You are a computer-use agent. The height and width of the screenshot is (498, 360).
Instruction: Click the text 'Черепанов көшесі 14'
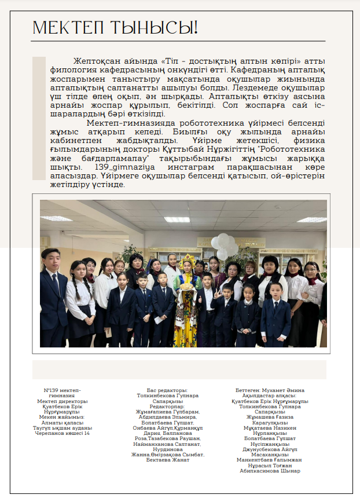(x=62, y=433)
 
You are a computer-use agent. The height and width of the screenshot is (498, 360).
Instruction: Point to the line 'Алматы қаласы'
(x=62, y=422)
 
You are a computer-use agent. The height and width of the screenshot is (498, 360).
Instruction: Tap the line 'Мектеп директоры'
(x=62, y=401)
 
